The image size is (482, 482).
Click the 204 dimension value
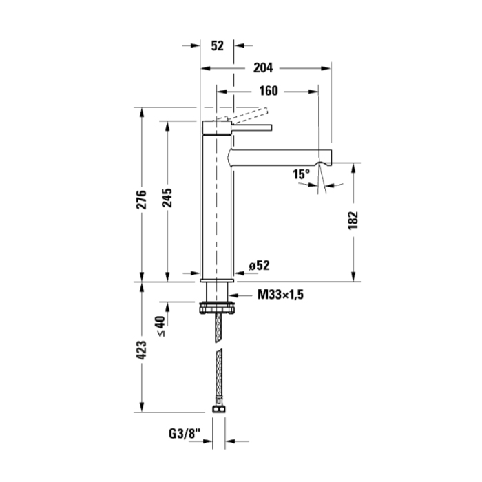point(263,67)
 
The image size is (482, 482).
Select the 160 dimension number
point(269,91)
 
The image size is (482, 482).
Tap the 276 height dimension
point(141,200)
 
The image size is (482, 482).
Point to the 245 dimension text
point(167,198)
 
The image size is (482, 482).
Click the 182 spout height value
point(353,220)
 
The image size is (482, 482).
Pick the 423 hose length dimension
point(141,350)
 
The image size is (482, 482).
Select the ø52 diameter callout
point(259,265)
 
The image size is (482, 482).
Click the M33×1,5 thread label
point(280,295)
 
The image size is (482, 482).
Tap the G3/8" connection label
point(185,434)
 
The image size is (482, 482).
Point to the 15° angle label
point(301,174)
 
